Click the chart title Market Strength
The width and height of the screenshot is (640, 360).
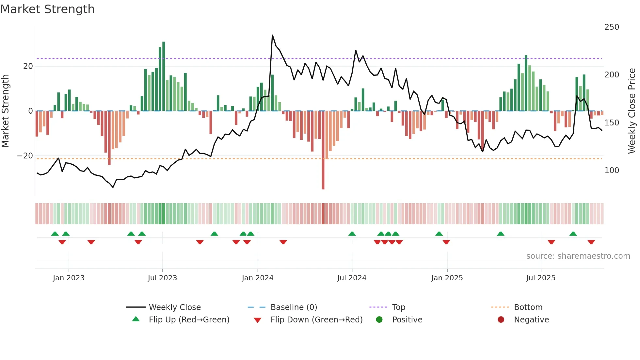47,9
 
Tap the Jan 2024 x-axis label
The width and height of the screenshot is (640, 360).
257,278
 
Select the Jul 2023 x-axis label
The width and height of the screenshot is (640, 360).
162,278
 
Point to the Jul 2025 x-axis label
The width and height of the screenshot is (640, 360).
540,278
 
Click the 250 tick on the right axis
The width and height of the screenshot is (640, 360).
611,27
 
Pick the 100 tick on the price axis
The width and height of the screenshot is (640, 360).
611,171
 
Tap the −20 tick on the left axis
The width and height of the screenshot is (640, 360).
25,156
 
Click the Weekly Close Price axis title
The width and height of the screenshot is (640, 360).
632,111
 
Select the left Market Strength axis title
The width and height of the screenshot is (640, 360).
5,111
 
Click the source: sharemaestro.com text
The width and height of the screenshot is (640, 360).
578,256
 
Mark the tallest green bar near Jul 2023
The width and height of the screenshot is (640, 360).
164,75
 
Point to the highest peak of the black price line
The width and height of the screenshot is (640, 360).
272,35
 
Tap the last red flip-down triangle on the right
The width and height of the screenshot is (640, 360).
591,242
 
